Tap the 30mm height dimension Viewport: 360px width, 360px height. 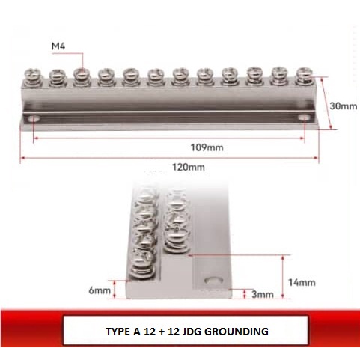pyautogui.click(x=344, y=106)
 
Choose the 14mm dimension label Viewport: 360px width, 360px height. pyautogui.click(x=303, y=282)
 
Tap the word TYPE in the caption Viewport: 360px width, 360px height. pyautogui.click(x=116, y=330)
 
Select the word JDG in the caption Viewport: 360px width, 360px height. pyautogui.click(x=190, y=330)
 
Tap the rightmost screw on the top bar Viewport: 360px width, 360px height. pyautogui.click(x=304, y=75)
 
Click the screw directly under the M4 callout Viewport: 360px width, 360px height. pyautogui.click(x=82, y=76)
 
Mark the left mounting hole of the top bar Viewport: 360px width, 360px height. pyautogui.click(x=34, y=118)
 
